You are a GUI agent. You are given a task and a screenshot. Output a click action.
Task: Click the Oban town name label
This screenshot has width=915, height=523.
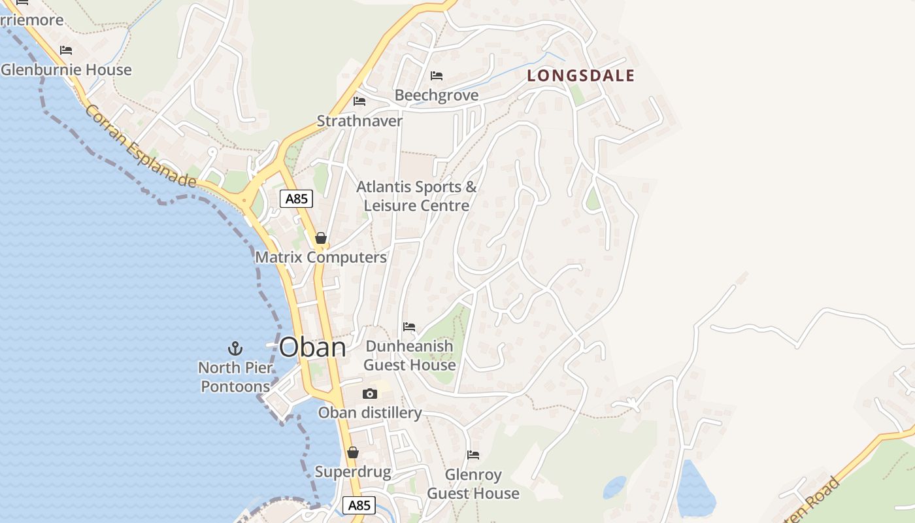pyautogui.click(x=312, y=347)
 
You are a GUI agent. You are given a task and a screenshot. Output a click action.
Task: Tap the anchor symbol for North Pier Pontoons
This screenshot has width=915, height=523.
pyautogui.click(x=235, y=348)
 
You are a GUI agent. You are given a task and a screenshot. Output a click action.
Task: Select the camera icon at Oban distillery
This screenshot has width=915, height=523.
pyautogui.click(x=370, y=394)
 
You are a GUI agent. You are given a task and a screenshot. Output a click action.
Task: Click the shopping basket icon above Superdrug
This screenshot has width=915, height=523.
pyautogui.click(x=353, y=452)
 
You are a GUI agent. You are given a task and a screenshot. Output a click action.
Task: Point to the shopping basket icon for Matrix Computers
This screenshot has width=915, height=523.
pyautogui.click(x=320, y=238)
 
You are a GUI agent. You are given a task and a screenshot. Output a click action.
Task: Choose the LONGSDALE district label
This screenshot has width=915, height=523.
pyautogui.click(x=581, y=76)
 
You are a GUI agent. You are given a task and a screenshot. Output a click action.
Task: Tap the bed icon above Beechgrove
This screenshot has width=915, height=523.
pyautogui.click(x=437, y=76)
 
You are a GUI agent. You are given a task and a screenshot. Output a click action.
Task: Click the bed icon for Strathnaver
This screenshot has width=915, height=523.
pyautogui.click(x=359, y=101)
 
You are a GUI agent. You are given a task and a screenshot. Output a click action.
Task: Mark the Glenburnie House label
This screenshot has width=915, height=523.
pyautogui.click(x=67, y=70)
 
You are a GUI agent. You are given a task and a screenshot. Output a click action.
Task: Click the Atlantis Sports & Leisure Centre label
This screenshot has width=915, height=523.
pyautogui.click(x=416, y=196)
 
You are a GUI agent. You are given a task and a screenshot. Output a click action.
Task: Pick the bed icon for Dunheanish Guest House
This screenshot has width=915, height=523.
pyautogui.click(x=409, y=326)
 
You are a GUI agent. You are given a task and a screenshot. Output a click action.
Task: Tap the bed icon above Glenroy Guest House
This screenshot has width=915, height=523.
pyautogui.click(x=473, y=454)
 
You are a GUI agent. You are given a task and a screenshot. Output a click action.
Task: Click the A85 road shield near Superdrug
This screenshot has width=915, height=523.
pyautogui.click(x=359, y=505)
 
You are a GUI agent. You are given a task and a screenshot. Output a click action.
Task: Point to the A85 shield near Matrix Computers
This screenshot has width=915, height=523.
pyautogui.click(x=296, y=199)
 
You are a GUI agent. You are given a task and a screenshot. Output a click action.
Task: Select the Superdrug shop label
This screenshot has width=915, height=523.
pyautogui.click(x=353, y=472)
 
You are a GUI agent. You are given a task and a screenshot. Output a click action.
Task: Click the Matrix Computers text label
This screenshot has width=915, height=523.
pyautogui.click(x=321, y=258)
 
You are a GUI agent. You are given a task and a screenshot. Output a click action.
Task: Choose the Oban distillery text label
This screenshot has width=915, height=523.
pyautogui.click(x=370, y=413)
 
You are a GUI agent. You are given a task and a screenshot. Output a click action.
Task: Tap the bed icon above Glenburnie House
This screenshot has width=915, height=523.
pyautogui.click(x=66, y=50)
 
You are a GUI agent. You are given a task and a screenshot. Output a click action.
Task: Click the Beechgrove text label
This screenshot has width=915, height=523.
pyautogui.click(x=437, y=95)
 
